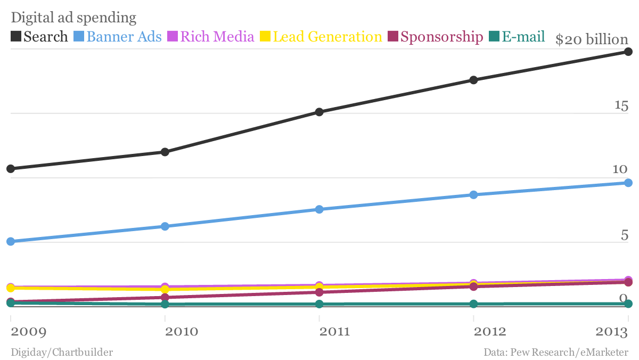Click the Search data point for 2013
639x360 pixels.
628,52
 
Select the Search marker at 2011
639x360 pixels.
319,112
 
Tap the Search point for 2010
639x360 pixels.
165,152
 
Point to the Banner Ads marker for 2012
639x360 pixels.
473,195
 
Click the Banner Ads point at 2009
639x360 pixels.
10,241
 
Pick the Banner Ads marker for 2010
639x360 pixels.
165,226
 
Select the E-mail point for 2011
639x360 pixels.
319,304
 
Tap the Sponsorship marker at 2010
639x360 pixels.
165,298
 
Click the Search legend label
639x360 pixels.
46,37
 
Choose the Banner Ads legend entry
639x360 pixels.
124,37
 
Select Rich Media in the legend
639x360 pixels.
217,37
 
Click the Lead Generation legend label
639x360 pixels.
327,37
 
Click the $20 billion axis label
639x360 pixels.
592,39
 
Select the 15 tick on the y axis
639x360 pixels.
621,106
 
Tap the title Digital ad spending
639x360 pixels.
73,18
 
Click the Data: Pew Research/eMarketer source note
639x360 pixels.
556,352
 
